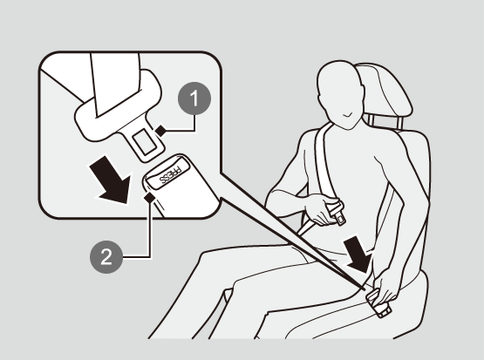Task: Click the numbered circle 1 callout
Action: coord(194,98)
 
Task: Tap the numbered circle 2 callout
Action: coord(106,257)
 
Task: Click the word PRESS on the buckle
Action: coord(170,175)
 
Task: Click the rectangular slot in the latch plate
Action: coord(145,141)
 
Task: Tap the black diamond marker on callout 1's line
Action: coord(160,131)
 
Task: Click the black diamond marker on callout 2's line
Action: coord(149,197)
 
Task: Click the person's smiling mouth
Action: coord(348,116)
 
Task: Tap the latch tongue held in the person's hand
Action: coord(337,213)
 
